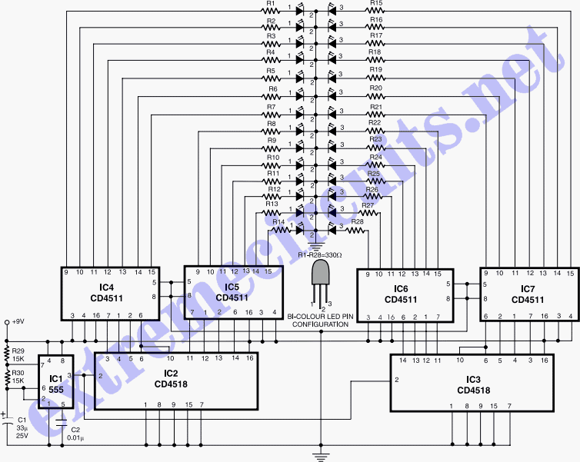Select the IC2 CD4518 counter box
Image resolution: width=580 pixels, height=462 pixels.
pos(175,380)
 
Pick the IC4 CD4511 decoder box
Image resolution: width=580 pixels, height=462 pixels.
pos(109,293)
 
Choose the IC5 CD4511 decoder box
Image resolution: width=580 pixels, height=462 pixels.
pos(233,293)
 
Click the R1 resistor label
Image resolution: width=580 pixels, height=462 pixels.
pos(270,4)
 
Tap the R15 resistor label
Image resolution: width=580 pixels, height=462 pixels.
pos(375,4)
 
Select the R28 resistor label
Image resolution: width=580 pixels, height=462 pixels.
pos(357,221)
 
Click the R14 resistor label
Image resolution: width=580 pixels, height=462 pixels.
pos(278,221)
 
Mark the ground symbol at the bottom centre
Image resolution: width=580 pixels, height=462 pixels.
pos(319,457)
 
